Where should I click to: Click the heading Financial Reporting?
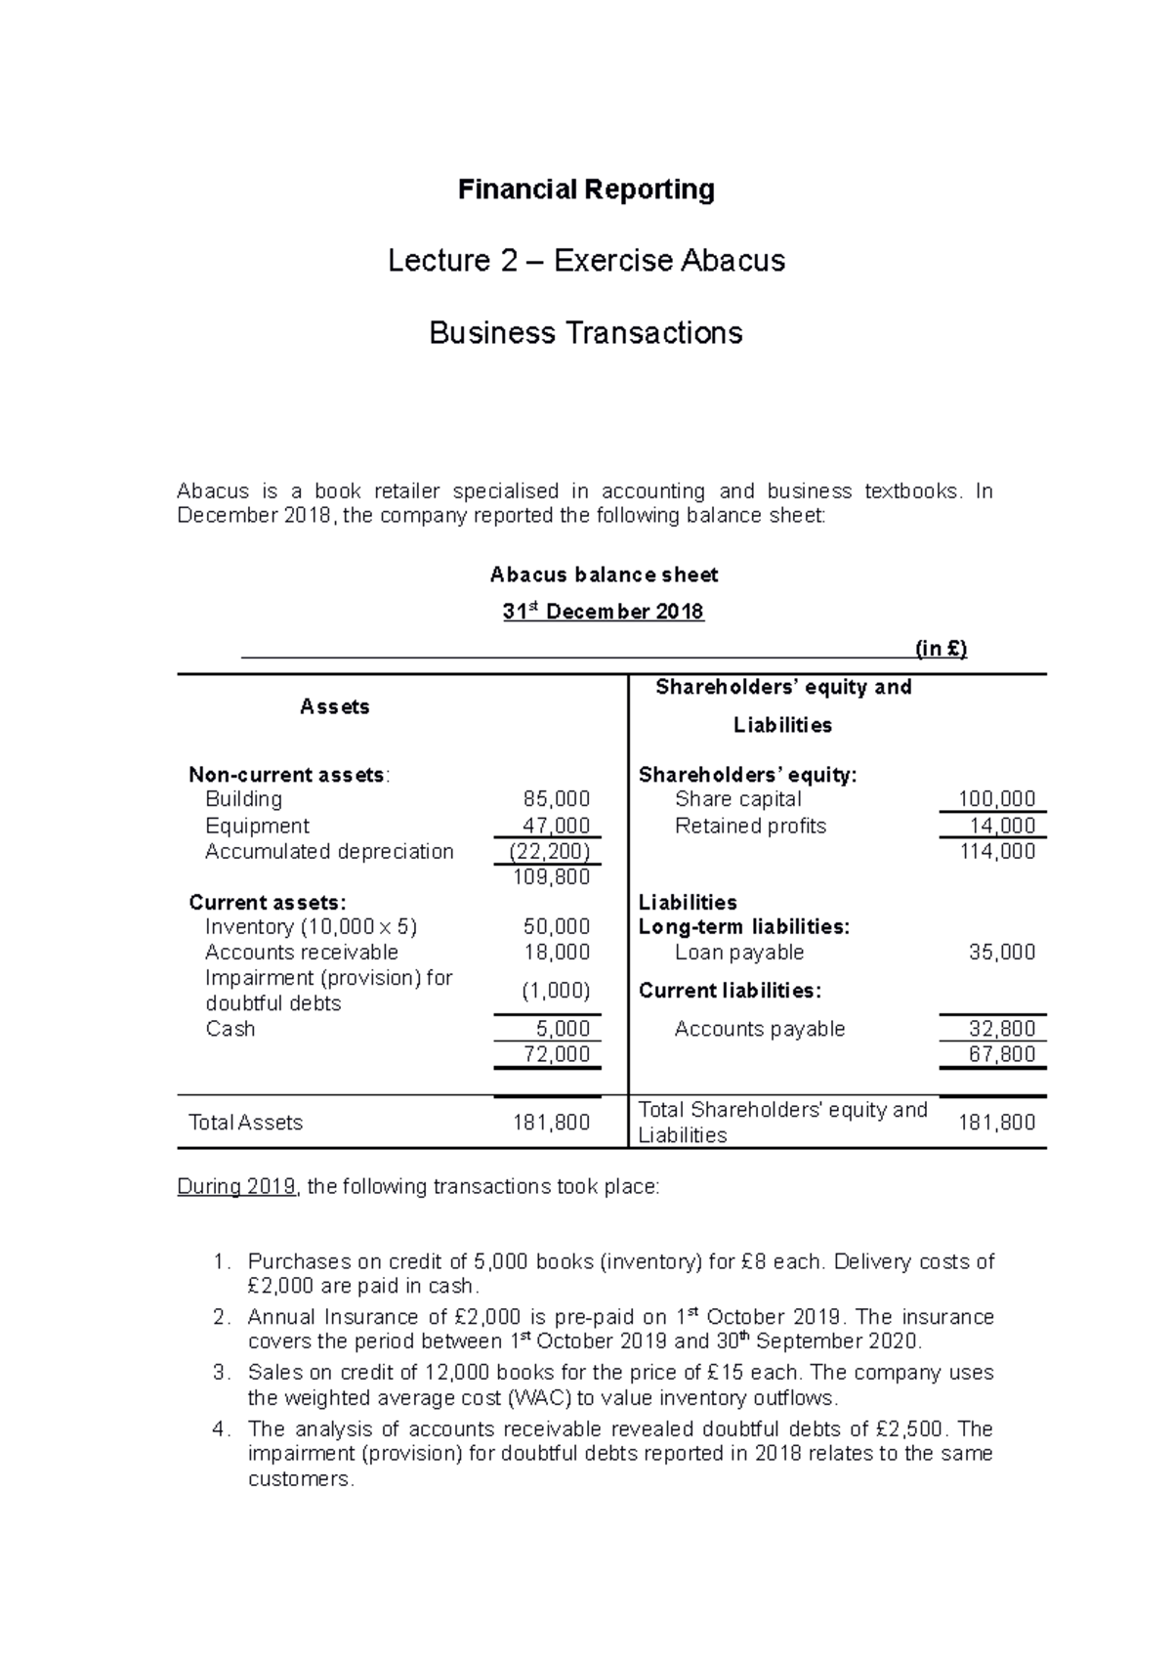[x=586, y=190]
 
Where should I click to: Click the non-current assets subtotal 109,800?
[x=552, y=877]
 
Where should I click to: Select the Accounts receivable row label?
[x=301, y=953]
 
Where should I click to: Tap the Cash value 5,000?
[x=563, y=1029]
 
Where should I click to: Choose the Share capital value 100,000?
[x=996, y=799]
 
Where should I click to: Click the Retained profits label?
[x=750, y=826]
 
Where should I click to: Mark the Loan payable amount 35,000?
[x=1001, y=953]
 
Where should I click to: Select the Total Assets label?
[x=245, y=1123]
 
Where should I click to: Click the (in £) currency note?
[x=941, y=649]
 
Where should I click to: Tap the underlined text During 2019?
[x=236, y=1187]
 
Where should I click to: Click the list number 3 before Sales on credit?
[x=220, y=1373]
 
